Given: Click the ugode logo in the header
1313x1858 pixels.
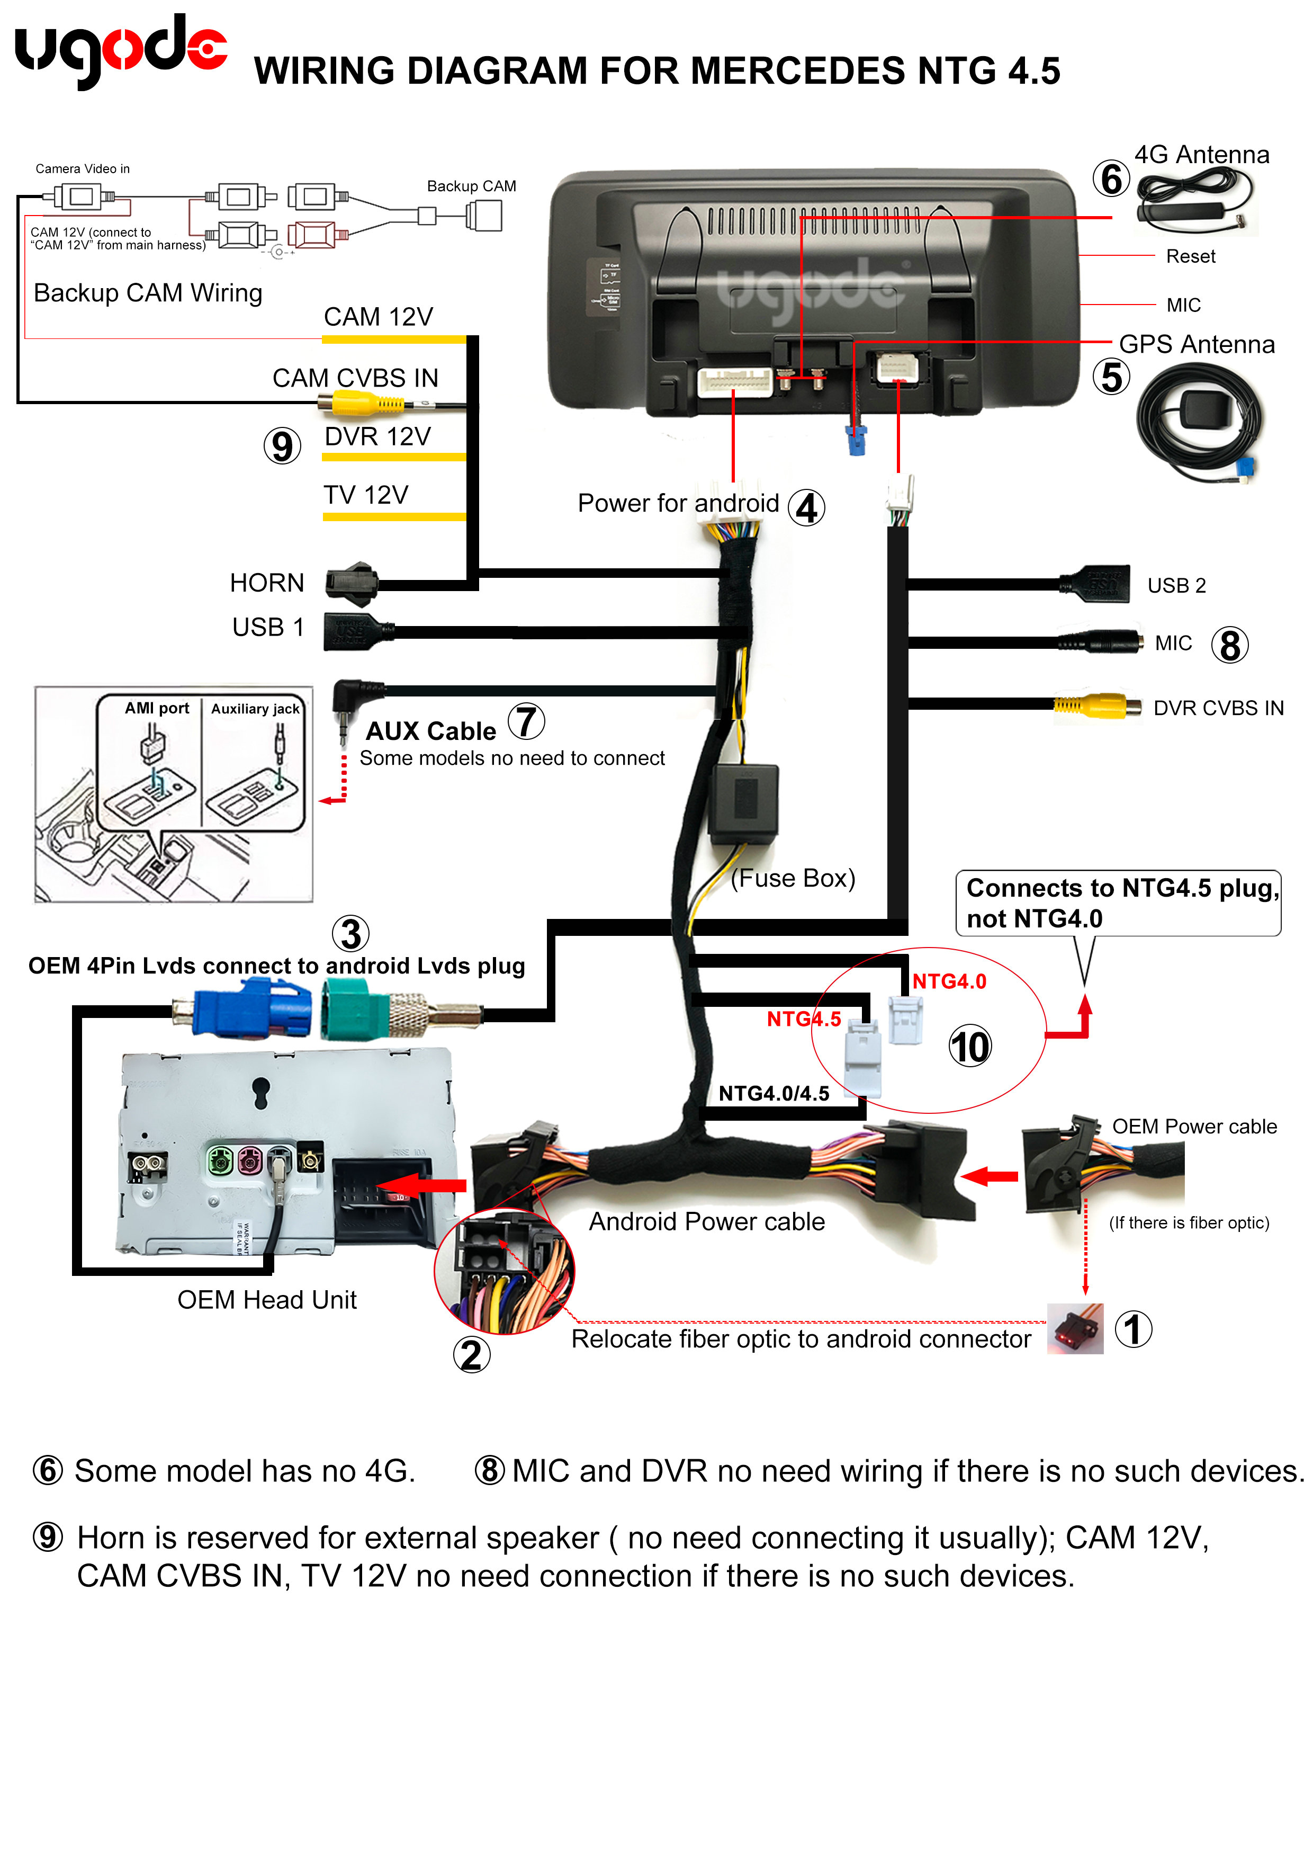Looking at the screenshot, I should coord(121,50).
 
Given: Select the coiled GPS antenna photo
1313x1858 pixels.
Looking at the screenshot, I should coord(1199,423).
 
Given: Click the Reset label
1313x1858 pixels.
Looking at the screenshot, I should coord(1190,256).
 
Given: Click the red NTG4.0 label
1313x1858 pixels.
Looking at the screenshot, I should coord(949,981).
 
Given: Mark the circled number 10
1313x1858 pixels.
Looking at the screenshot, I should coord(969,1047).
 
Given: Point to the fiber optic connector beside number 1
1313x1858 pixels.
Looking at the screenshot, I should coord(1075,1328).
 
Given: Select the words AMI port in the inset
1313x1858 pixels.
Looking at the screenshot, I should coord(156,708).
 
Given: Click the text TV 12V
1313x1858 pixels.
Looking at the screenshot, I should coord(366,495).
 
